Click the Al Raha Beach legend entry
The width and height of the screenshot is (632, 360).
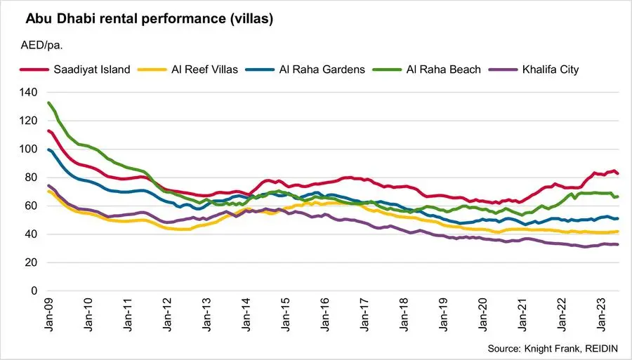435,69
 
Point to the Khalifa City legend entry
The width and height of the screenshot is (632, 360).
548,69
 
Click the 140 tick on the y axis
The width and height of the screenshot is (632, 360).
28,92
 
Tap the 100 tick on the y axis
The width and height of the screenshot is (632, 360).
28,149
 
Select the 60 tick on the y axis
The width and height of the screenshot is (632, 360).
30,206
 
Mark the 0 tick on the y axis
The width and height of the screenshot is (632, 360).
33,291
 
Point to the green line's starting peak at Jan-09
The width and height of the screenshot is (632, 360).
48,103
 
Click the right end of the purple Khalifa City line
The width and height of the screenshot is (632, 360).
618,244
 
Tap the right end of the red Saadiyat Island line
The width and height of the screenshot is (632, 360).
618,173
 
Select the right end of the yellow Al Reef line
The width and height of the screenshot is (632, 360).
618,231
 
